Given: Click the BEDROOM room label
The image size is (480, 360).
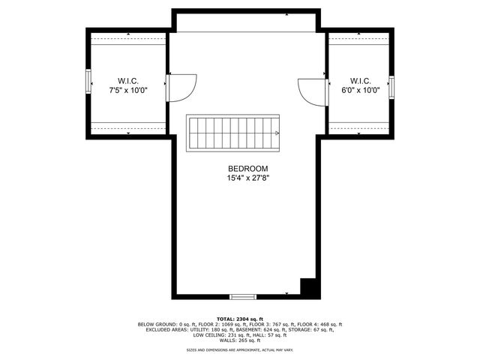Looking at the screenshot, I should (x=247, y=169).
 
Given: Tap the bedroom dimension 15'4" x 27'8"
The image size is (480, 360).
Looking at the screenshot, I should (x=247, y=178).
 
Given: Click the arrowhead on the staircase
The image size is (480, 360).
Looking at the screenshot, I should (x=278, y=133).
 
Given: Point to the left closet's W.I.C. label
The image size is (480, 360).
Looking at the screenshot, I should (x=127, y=80).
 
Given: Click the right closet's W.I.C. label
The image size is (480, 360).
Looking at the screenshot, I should (x=361, y=80).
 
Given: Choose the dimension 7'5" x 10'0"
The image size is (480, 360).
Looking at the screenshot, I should (x=127, y=90).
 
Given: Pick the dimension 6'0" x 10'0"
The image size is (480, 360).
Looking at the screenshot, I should (x=361, y=90).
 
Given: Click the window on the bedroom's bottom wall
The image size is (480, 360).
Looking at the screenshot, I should (x=242, y=297).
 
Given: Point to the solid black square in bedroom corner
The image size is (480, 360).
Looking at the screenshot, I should (x=307, y=287).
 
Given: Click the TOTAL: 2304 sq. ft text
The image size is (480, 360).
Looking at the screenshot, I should (x=239, y=319).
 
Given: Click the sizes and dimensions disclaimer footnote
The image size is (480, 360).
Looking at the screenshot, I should (x=239, y=350).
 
